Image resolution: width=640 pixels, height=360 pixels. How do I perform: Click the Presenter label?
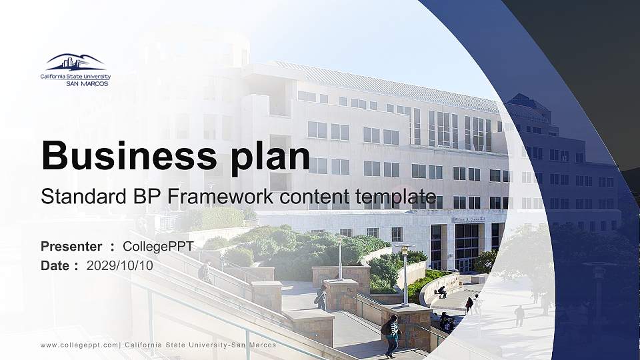coord(71,247)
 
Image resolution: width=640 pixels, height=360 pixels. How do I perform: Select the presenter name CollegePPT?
coord(158,247)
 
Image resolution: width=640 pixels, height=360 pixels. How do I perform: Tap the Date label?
coord(55,265)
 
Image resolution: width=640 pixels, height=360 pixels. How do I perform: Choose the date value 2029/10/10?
coord(120,265)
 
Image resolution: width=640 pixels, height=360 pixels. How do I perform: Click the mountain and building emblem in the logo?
coord(75,62)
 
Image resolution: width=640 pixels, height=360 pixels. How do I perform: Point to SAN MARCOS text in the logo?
coord(87,84)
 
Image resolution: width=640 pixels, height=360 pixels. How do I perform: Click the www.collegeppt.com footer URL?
coord(79,345)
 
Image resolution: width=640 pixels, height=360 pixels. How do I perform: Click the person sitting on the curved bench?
coord(442,292)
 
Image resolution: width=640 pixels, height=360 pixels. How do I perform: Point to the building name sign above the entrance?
coord(469,219)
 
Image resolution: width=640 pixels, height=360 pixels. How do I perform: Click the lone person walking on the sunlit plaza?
coord(519,315)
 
